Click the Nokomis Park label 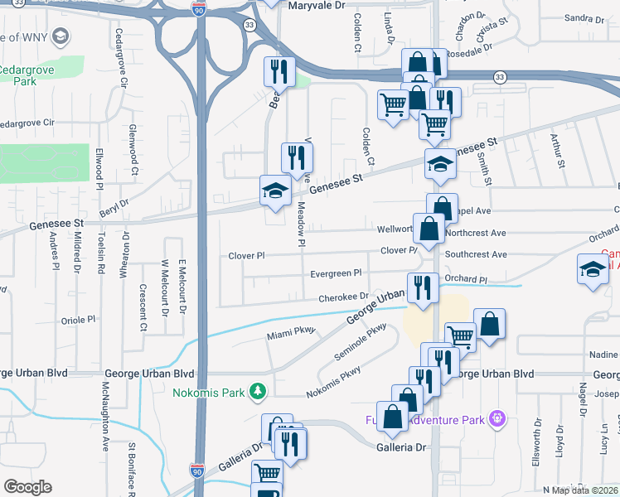pyautogui.click(x=208, y=390)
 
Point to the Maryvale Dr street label pyautogui.click(x=315, y=6)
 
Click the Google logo pyautogui.click(x=28, y=486)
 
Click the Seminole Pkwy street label pyautogui.click(x=363, y=340)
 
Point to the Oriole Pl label pyautogui.click(x=80, y=319)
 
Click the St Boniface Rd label pyautogui.click(x=132, y=468)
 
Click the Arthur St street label pyautogui.click(x=560, y=154)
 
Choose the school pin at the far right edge pyautogui.click(x=593, y=271)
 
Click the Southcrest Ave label pyautogui.click(x=475, y=255)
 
